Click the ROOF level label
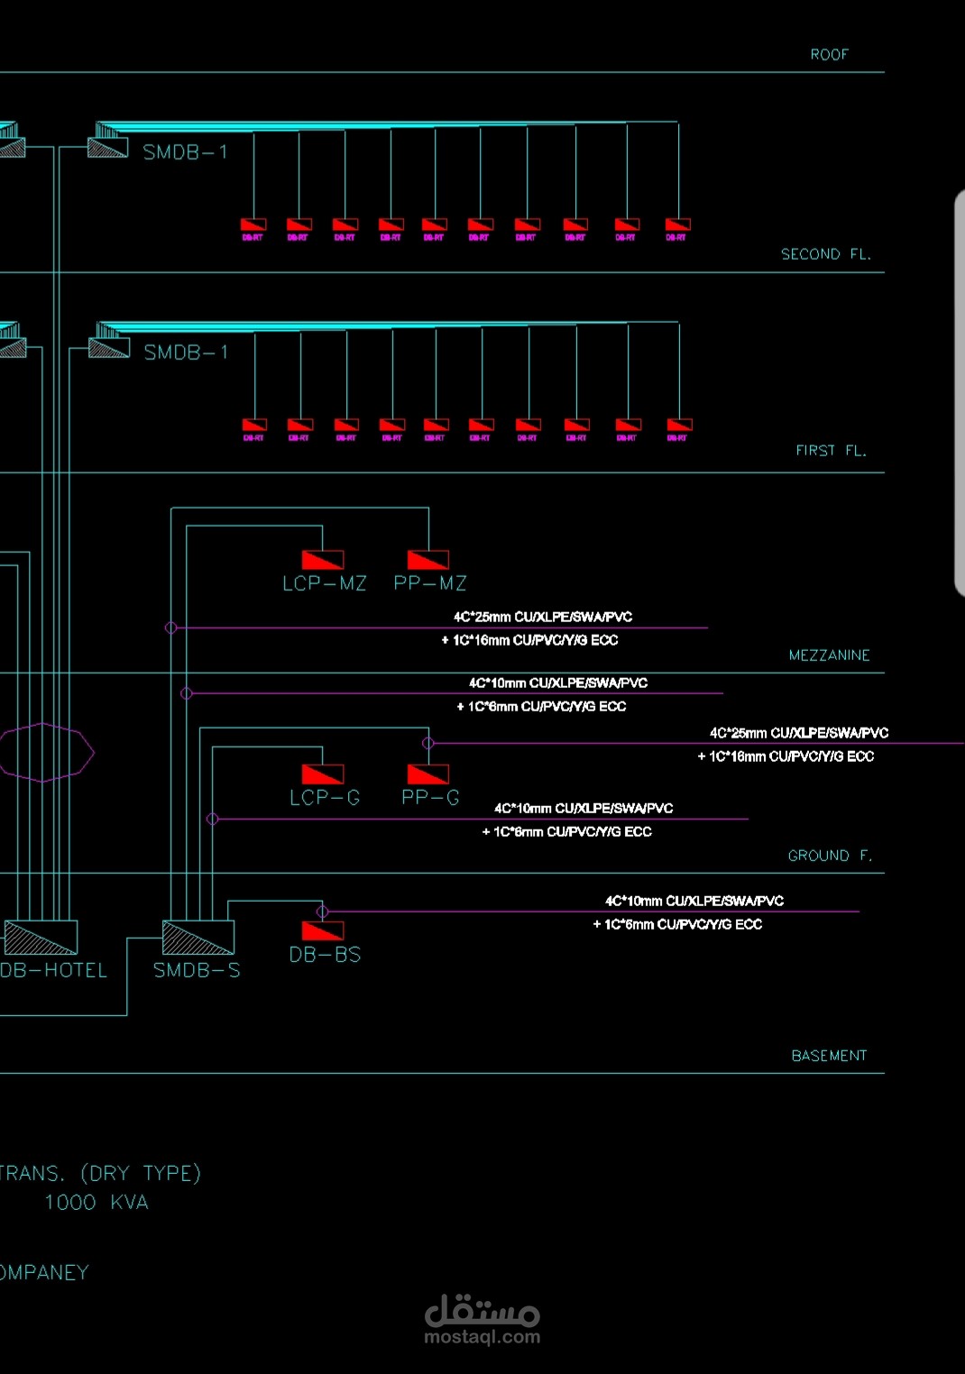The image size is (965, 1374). point(829,55)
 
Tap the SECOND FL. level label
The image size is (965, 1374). point(825,254)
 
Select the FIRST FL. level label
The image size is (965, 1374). point(830,451)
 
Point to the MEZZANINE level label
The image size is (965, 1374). point(829,655)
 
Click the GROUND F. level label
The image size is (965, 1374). point(830,856)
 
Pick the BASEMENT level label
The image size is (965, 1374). point(829,1056)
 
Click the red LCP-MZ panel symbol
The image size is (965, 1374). point(323,559)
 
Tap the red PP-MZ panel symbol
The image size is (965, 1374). point(428,559)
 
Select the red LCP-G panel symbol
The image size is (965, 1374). point(323,774)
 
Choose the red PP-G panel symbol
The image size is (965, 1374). point(428,774)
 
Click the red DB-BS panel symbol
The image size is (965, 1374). point(323,930)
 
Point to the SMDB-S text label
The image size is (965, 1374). point(197,970)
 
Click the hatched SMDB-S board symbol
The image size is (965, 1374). point(198,938)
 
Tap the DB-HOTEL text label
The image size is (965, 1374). point(54,970)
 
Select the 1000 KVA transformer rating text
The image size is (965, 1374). point(96,1203)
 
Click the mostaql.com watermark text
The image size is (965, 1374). point(482,1337)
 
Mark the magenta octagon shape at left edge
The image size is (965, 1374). point(45,752)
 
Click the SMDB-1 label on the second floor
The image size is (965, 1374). point(185,152)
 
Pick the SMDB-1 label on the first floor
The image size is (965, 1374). point(186,353)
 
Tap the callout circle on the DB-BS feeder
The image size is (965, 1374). point(323,911)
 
